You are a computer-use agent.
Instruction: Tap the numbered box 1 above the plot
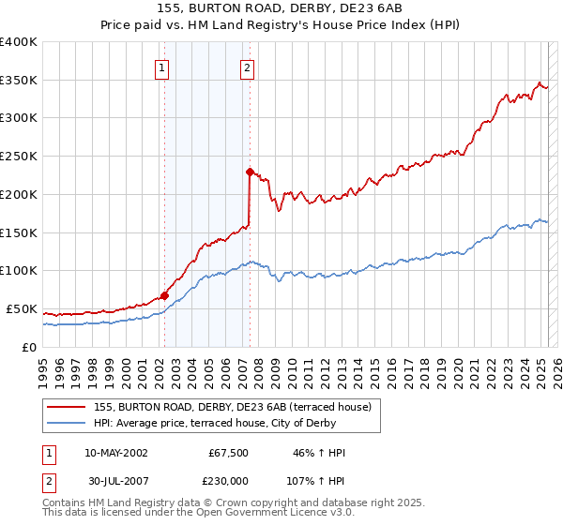tap(162, 67)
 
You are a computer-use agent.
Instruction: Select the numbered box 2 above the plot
tap(247, 67)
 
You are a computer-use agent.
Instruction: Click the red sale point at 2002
tap(164, 295)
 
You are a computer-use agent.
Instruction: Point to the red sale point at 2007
tap(250, 172)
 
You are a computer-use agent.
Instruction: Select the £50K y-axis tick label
tap(22, 308)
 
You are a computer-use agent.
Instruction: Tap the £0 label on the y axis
tap(29, 347)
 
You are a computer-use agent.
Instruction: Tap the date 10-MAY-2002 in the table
tap(115, 453)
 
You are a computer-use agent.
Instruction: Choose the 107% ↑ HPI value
tap(317, 480)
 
